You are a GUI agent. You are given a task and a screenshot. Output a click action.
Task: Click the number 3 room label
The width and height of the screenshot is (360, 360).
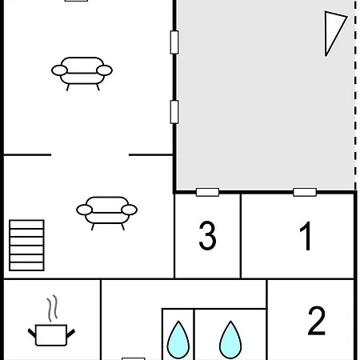click(207, 235)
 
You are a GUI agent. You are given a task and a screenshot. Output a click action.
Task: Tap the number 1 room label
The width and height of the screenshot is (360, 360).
click(306, 236)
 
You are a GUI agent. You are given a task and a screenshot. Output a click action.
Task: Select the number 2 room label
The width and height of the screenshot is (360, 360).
click(317, 321)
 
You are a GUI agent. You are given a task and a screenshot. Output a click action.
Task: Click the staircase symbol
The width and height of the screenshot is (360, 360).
click(26, 246)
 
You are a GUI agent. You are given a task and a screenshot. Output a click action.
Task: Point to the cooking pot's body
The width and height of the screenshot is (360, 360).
click(51, 335)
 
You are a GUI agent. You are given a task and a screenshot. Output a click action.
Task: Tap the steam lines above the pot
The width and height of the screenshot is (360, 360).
click(53, 308)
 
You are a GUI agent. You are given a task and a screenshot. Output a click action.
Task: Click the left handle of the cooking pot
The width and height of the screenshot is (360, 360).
click(32, 333)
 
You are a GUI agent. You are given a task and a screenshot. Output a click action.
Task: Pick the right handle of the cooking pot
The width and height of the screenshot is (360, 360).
click(70, 334)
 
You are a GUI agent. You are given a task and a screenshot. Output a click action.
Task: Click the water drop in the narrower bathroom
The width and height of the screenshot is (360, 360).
click(178, 340)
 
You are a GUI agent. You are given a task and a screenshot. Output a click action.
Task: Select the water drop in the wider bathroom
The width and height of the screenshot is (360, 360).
click(230, 340)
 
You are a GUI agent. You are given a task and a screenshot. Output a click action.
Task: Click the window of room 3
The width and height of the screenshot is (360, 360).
click(207, 192)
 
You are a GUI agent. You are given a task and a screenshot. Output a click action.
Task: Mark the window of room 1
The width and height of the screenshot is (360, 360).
click(305, 192)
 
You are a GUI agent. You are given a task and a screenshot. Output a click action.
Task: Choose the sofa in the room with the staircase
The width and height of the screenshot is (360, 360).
click(106, 213)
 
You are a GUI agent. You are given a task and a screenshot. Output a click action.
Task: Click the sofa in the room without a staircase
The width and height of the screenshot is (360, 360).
click(82, 73)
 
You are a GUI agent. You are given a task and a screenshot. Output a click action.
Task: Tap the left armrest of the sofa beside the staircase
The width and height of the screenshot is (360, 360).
click(84, 210)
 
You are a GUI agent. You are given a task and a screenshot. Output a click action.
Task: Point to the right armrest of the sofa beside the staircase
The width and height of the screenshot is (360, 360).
click(130, 210)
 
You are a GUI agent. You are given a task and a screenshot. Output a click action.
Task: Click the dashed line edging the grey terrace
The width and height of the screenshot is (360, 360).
click(355, 94)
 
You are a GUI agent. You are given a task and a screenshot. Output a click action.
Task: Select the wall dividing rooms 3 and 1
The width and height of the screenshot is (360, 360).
click(241, 236)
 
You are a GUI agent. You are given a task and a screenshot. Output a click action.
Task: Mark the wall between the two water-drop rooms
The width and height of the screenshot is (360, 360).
click(194, 334)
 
